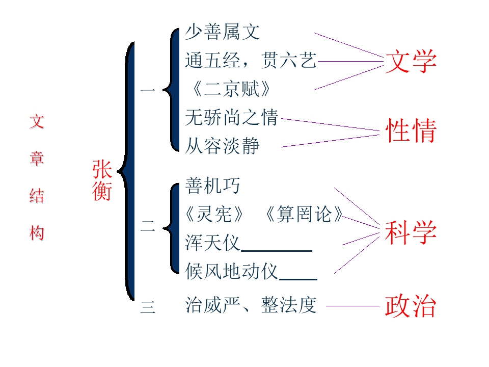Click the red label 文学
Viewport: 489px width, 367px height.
[411, 61]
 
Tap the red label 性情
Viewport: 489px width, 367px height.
[411, 130]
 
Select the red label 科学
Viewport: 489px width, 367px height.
[411, 232]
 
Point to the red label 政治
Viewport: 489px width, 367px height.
[410, 306]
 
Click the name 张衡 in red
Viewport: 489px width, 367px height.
[102, 180]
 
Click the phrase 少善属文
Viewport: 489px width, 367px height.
[223, 32]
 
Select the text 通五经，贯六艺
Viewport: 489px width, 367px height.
[251, 60]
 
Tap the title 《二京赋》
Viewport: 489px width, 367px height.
[231, 89]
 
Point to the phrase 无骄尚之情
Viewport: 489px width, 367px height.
[231, 117]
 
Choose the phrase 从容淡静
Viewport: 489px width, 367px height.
[223, 146]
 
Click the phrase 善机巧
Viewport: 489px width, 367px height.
[213, 186]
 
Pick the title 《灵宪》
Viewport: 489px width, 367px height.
[214, 214]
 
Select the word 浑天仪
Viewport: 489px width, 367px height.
[213, 243]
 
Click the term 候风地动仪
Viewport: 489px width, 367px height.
[231, 271]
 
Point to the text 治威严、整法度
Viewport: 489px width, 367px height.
[251, 305]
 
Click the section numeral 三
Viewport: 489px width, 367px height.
[148, 307]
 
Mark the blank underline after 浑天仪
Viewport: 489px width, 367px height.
[277, 251]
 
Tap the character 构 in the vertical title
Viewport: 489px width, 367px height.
[37, 233]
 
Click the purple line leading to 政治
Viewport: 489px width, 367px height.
[352, 306]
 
